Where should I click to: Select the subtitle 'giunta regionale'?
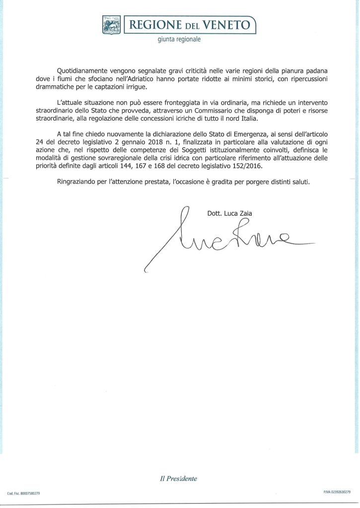(179, 40)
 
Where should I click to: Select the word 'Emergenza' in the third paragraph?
(235, 137)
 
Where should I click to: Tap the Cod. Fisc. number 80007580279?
(30, 494)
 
